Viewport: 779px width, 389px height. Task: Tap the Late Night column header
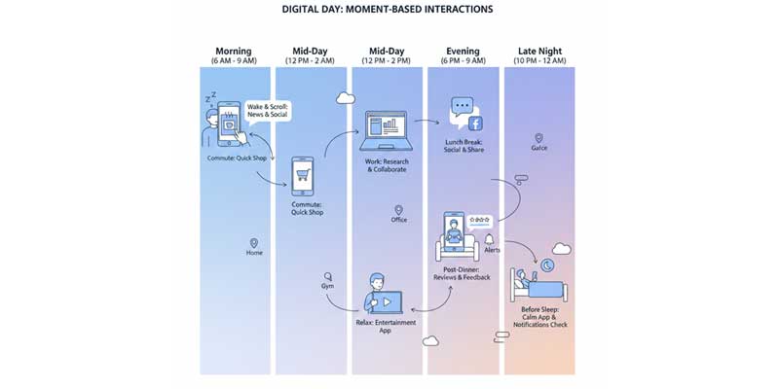pos(540,51)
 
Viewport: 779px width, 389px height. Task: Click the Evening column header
pos(464,51)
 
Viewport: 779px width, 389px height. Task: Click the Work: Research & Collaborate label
pos(389,164)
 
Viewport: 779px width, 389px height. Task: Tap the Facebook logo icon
pos(476,123)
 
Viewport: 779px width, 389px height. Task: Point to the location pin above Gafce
pos(538,138)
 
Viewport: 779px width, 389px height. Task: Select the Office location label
pos(398,220)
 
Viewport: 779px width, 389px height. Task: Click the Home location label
pos(254,253)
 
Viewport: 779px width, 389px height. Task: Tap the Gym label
pos(328,287)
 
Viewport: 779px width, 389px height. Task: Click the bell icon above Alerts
pos(489,238)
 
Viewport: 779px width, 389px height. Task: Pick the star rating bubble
pos(479,221)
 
